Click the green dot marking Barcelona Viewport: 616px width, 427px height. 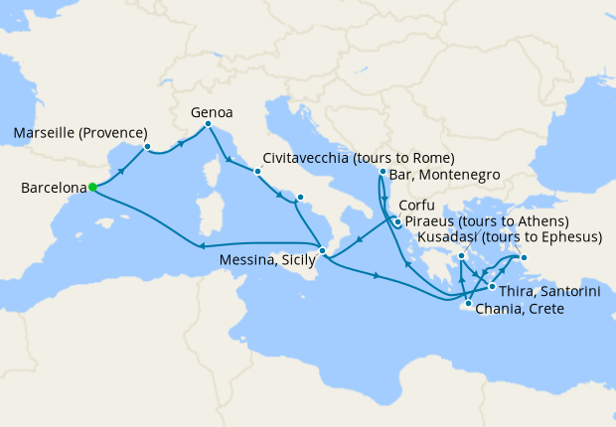tap(92, 186)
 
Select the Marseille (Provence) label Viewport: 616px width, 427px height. tap(81, 133)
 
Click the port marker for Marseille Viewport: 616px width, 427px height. tap(147, 147)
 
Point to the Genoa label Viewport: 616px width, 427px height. tap(211, 113)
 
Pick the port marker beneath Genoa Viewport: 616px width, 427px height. tap(208, 124)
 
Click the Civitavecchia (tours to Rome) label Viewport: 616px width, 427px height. tap(359, 158)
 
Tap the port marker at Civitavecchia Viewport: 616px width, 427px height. tap(257, 171)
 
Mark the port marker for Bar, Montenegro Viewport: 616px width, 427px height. tap(383, 172)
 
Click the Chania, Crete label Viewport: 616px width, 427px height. tap(521, 310)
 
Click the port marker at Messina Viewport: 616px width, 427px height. tap(322, 251)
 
